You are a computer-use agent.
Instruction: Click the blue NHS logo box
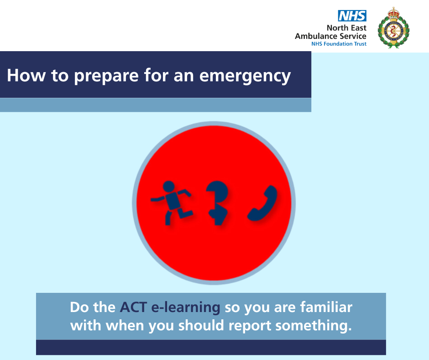pyautogui.click(x=352, y=16)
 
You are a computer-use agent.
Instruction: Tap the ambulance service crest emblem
pyautogui.click(x=393, y=28)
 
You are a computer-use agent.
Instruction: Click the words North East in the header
pyautogui.click(x=346, y=28)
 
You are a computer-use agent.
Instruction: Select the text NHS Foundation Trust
pyautogui.click(x=339, y=44)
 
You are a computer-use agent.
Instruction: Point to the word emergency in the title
pyautogui.click(x=245, y=76)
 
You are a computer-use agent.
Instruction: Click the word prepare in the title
pyautogui.click(x=106, y=76)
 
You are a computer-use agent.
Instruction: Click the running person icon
pyautogui.click(x=172, y=203)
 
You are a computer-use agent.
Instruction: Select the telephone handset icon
pyautogui.click(x=262, y=203)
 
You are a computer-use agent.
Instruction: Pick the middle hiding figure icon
pyautogui.click(x=217, y=203)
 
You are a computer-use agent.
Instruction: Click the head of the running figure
pyautogui.click(x=168, y=186)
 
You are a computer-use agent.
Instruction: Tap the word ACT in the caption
pyautogui.click(x=134, y=307)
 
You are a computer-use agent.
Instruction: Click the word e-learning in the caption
pyautogui.click(x=186, y=307)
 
